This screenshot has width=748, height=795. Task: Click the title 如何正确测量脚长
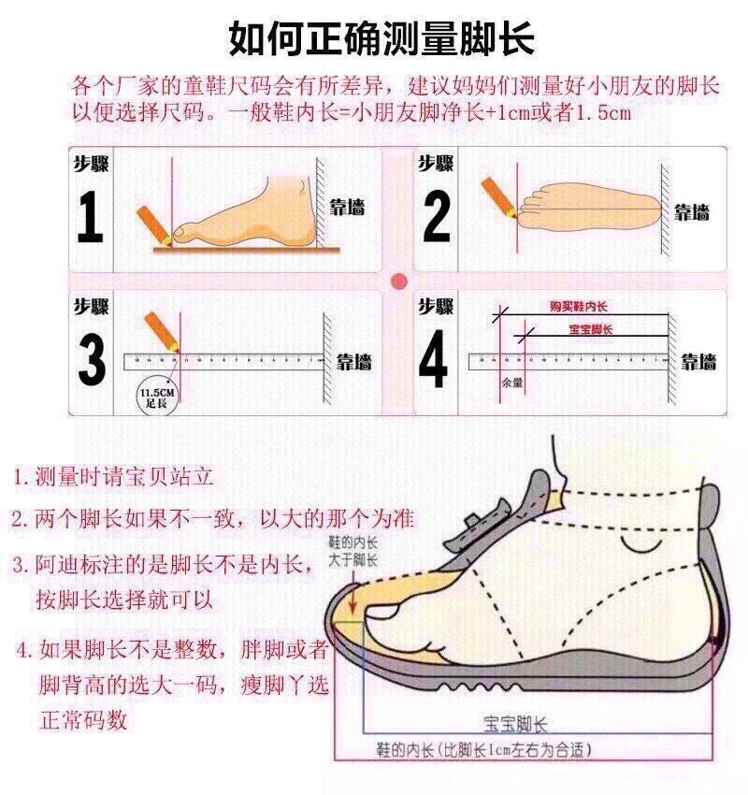click(x=381, y=39)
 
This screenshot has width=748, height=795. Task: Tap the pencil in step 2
click(x=498, y=198)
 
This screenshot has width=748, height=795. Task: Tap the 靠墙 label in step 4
click(x=698, y=362)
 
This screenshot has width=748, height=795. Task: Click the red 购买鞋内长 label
click(x=578, y=307)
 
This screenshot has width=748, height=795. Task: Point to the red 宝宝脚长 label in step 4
click(x=590, y=330)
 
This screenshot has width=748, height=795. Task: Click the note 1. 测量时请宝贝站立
click(x=114, y=477)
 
